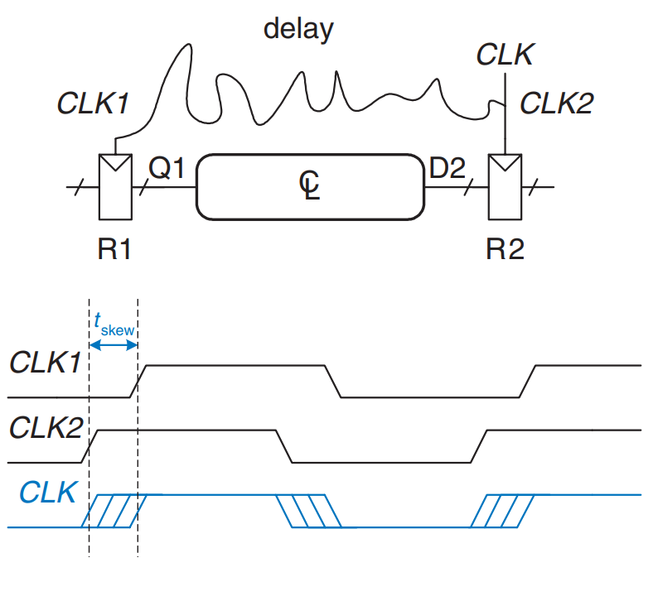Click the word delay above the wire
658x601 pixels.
[x=298, y=30]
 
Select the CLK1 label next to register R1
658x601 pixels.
[x=92, y=103]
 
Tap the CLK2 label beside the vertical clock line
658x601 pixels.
[x=556, y=103]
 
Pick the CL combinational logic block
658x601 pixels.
[x=308, y=187]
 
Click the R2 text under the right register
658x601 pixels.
[x=505, y=248]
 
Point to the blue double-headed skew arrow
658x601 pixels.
[x=113, y=345]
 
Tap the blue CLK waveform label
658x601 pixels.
[x=48, y=492]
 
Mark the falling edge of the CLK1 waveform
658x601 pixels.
[x=334, y=381]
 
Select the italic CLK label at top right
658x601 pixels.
[x=505, y=55]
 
